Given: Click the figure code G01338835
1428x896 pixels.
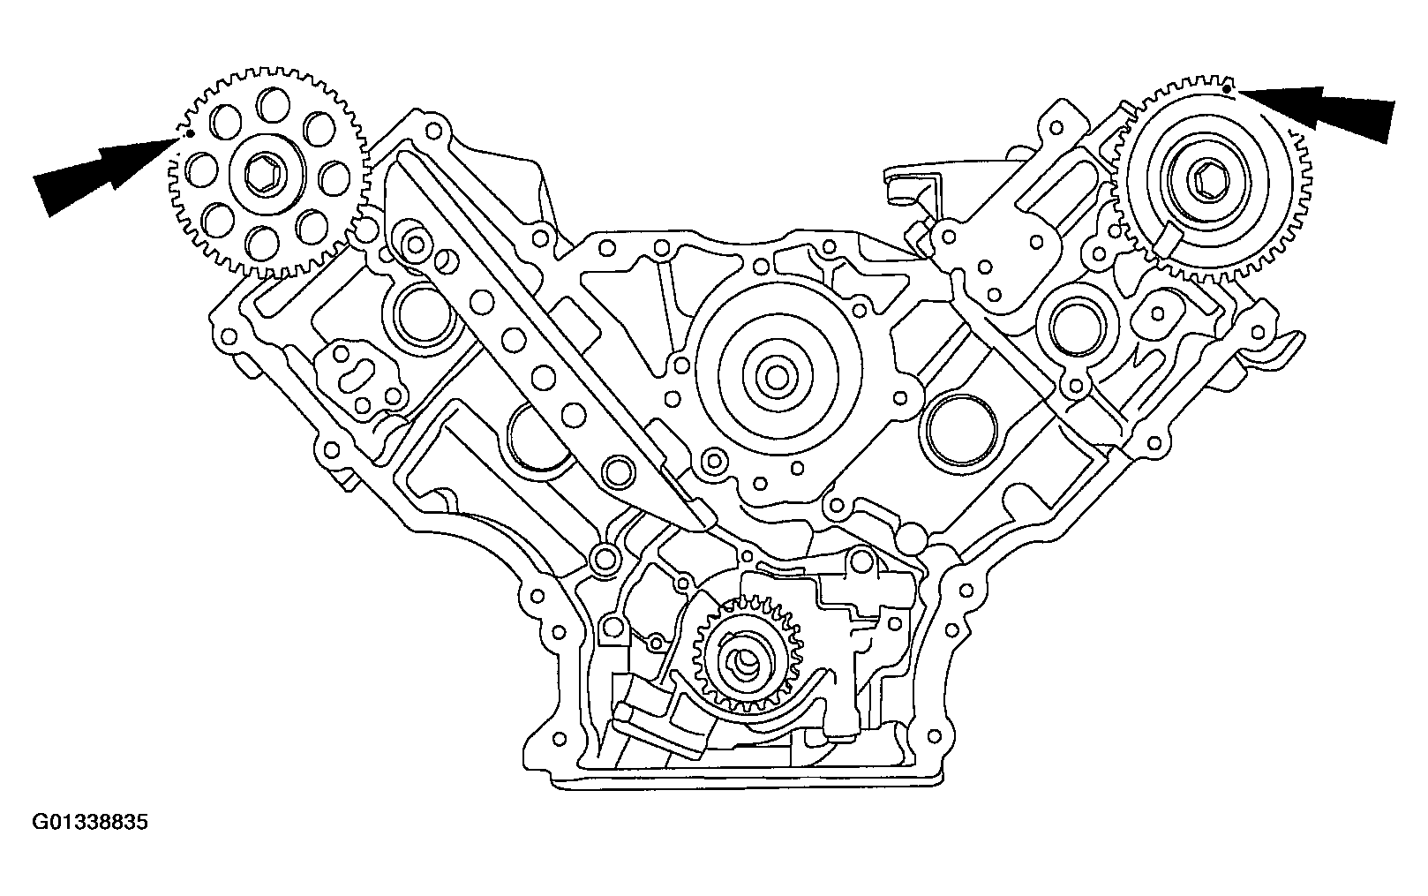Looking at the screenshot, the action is click(x=90, y=822).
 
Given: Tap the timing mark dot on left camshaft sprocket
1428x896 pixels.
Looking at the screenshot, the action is click(x=190, y=134).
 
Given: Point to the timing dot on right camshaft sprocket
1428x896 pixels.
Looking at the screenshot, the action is click(x=1227, y=89).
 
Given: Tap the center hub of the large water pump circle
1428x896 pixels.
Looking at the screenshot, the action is click(x=777, y=378).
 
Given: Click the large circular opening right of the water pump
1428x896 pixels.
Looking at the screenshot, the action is click(x=961, y=428).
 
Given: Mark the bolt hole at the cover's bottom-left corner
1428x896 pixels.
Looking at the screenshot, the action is click(x=559, y=739).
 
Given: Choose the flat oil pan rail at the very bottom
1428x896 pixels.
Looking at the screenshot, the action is click(x=746, y=782).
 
